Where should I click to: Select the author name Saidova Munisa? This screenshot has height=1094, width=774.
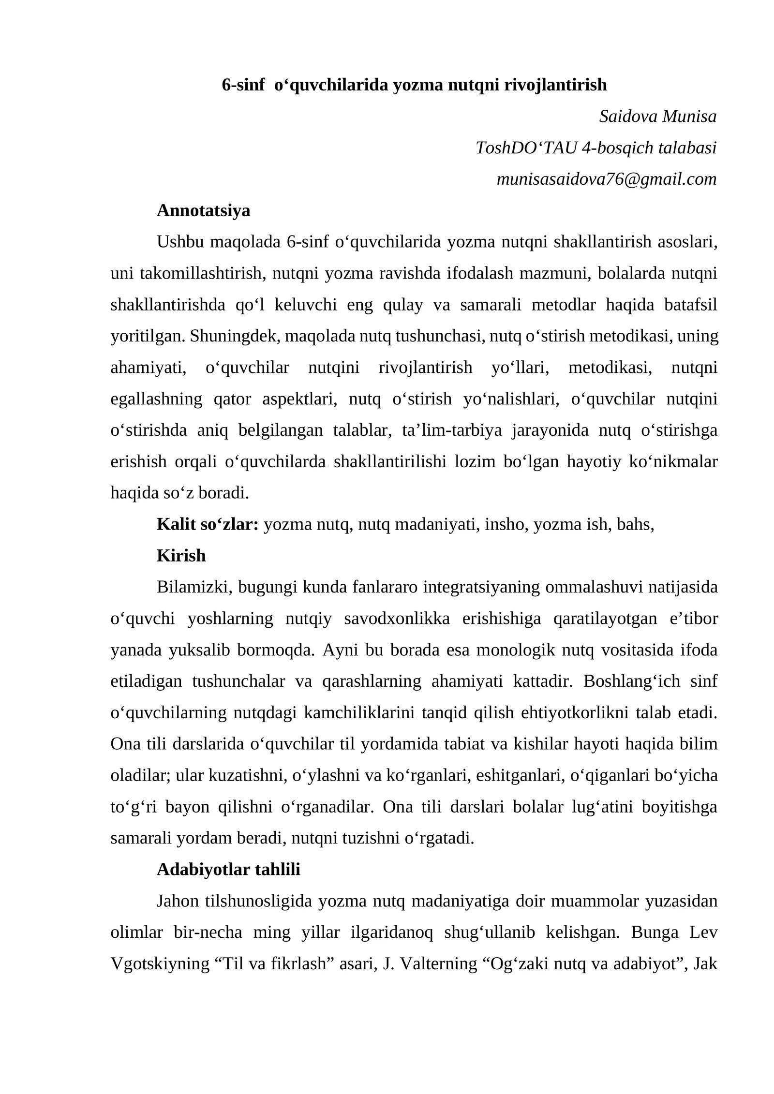657,116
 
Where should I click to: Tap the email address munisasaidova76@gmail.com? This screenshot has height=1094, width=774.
606,179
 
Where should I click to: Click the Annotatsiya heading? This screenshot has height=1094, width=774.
203,210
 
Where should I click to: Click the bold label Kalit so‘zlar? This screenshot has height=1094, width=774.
208,524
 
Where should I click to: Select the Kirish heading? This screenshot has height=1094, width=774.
181,556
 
